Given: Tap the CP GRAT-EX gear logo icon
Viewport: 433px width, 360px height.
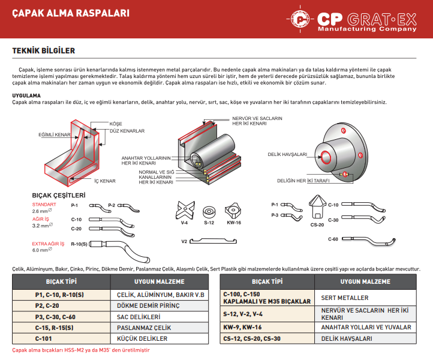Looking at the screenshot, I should pyautogui.click(x=301, y=20).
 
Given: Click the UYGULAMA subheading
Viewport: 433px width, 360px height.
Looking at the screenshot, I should pyautogui.click(x=26, y=95).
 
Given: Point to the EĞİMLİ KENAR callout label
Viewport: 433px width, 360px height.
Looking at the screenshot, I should pyautogui.click(x=55, y=135).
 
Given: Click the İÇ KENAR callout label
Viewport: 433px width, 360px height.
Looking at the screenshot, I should pyautogui.click(x=104, y=181).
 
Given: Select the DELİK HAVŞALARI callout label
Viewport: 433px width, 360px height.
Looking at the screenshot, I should pyautogui.click(x=287, y=154).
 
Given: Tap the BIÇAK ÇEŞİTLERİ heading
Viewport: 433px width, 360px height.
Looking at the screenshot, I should pyautogui.click(x=59, y=195).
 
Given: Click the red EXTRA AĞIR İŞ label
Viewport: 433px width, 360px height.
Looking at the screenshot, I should pyautogui.click(x=48, y=244).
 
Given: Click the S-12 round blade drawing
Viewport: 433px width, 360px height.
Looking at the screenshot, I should pyautogui.click(x=209, y=212).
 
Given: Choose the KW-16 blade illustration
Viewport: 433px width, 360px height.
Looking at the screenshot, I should pyautogui.click(x=233, y=210).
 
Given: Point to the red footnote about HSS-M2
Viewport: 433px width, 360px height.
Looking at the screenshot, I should pyautogui.click(x=81, y=350).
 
